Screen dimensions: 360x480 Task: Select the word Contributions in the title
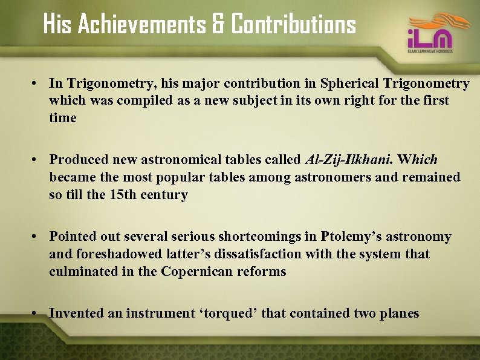[293, 25]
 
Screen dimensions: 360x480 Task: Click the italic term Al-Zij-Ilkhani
[349, 160]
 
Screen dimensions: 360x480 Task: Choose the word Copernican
[196, 272]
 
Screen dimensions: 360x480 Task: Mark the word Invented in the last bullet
[74, 313]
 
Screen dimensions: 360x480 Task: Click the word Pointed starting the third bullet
[71, 237]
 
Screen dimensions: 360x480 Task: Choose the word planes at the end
[399, 313]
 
